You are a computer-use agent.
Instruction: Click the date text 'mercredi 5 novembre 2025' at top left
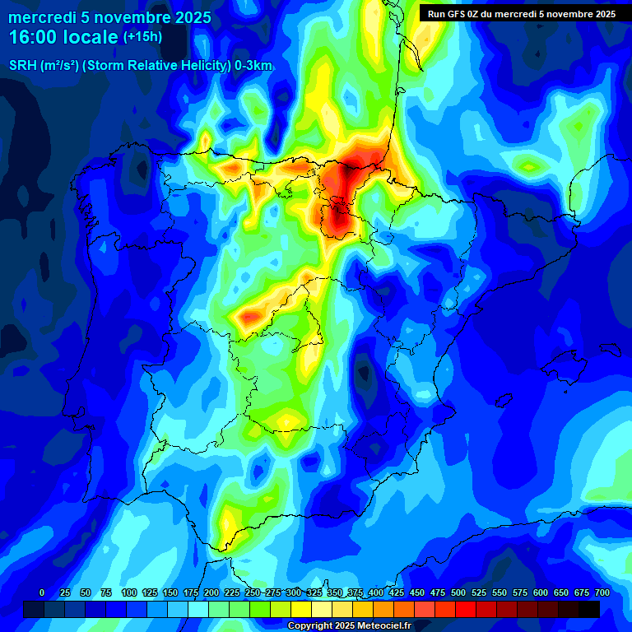pyautogui.click(x=109, y=17)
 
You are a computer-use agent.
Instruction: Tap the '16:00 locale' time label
pyautogui.click(x=63, y=37)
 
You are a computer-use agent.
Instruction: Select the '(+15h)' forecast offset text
pyautogui.click(x=142, y=37)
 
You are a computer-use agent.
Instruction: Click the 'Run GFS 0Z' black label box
pyautogui.click(x=521, y=13)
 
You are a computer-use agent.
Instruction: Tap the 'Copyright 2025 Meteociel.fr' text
pyautogui.click(x=350, y=625)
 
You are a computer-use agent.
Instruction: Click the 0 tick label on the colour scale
pyautogui.click(x=42, y=592)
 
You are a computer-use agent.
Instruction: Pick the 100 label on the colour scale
pyautogui.click(x=129, y=592)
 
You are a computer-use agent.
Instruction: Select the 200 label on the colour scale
pyautogui.click(x=211, y=592)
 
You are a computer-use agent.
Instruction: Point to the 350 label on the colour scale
pyautogui.click(x=335, y=592)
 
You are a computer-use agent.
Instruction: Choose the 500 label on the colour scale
pyautogui.click(x=458, y=592)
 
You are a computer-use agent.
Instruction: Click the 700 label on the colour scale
pyautogui.click(x=602, y=592)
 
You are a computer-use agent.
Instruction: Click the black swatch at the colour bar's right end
pyautogui.click(x=589, y=609)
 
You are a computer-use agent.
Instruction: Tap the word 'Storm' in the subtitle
pyautogui.click(x=117, y=66)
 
